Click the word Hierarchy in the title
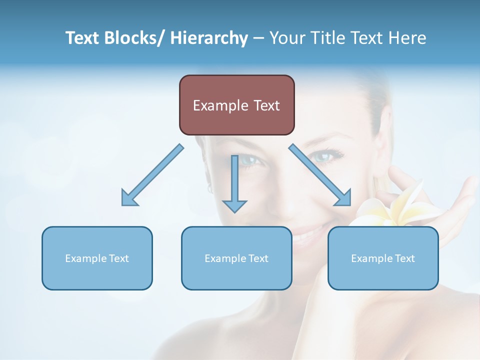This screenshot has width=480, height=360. point(209,38)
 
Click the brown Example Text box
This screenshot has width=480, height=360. point(236,105)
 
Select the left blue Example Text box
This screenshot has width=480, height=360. point(97,258)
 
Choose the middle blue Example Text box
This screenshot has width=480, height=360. point(236,258)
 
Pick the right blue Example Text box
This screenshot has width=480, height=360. point(383,258)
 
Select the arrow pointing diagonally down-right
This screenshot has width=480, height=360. point(320,175)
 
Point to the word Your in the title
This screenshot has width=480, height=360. point(285,38)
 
